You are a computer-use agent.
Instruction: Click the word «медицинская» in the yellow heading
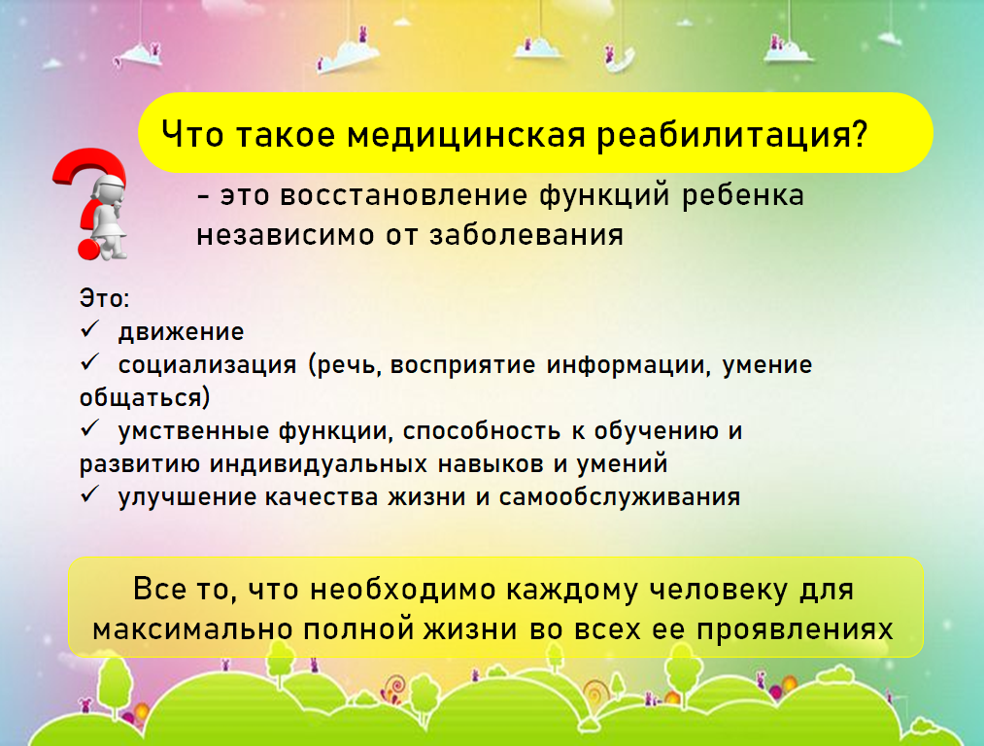pyautogui.click(x=466, y=134)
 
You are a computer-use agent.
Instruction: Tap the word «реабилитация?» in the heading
pyautogui.click(x=731, y=135)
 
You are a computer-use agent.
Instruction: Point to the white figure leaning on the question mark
pyautogui.click(x=109, y=218)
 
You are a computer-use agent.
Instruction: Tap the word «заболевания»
pyautogui.click(x=526, y=235)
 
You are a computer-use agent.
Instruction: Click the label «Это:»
pyautogui.click(x=104, y=298)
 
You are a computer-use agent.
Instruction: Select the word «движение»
pyautogui.click(x=182, y=332)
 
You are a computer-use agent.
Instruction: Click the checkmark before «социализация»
pyautogui.click(x=90, y=362)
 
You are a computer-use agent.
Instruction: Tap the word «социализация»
pyautogui.click(x=208, y=365)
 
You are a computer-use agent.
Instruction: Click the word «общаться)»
pyautogui.click(x=145, y=398)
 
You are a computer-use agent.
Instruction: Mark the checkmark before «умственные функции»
pyautogui.click(x=90, y=428)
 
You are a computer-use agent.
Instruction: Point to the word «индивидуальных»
pyautogui.click(x=319, y=464)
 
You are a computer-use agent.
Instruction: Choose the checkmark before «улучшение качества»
pyautogui.click(x=90, y=494)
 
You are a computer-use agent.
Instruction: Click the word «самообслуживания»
pyautogui.click(x=620, y=497)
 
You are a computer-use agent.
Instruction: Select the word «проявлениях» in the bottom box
pyautogui.click(x=796, y=629)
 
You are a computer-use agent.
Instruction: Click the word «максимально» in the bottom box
pyautogui.click(x=192, y=629)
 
